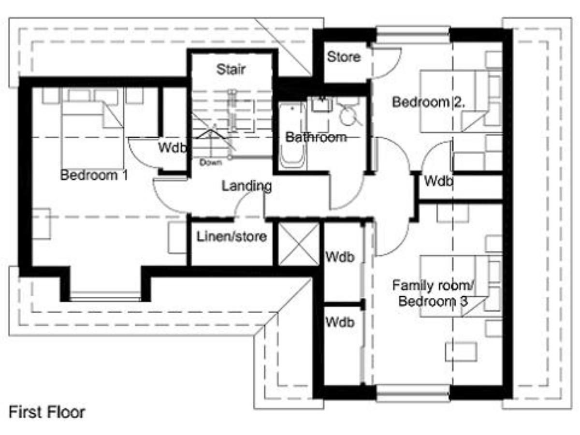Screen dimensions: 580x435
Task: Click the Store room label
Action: point(344,57)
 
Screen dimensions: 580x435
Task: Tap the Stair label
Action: point(231,69)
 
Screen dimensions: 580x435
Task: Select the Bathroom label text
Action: point(316,137)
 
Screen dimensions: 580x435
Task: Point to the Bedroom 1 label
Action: point(94,175)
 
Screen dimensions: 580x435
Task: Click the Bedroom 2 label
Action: point(428,102)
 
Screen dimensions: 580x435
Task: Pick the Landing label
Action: point(247,186)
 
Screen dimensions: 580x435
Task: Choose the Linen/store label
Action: point(232,236)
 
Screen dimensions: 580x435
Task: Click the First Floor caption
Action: point(47,412)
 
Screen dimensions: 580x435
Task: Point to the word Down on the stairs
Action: point(211,162)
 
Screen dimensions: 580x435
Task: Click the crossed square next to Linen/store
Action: point(299,244)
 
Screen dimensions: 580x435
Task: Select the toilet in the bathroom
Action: point(349,112)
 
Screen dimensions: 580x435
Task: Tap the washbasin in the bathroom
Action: point(322,104)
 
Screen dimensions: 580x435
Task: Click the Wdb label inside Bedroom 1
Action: point(172,147)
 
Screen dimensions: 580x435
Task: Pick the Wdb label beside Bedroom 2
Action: point(439,181)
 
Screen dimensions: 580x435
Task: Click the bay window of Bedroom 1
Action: point(105,296)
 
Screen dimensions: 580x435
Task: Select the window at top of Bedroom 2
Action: point(413,35)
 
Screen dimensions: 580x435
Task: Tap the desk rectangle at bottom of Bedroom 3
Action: point(461,352)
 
